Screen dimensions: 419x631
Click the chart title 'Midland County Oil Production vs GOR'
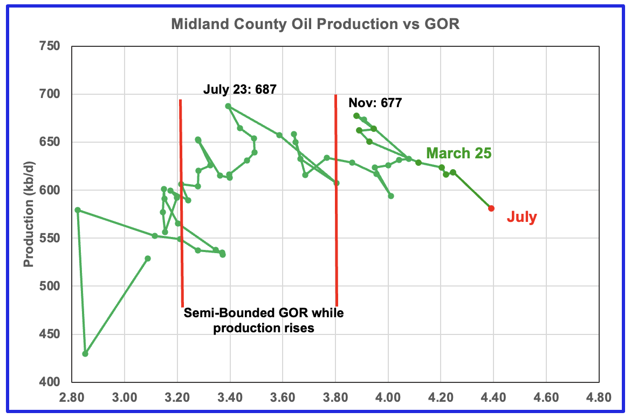[315, 24]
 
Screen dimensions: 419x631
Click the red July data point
[491, 208]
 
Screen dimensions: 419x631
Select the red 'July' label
[522, 218]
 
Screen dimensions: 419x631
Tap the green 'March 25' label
[459, 153]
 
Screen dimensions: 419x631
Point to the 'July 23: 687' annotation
[239, 89]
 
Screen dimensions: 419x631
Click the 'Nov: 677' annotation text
[375, 103]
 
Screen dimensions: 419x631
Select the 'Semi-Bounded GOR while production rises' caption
[263, 320]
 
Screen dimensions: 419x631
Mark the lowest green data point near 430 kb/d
[85, 353]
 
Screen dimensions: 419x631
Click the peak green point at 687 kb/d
[228, 106]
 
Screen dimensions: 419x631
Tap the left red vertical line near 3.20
[181, 205]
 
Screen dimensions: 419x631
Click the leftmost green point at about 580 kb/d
[78, 210]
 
